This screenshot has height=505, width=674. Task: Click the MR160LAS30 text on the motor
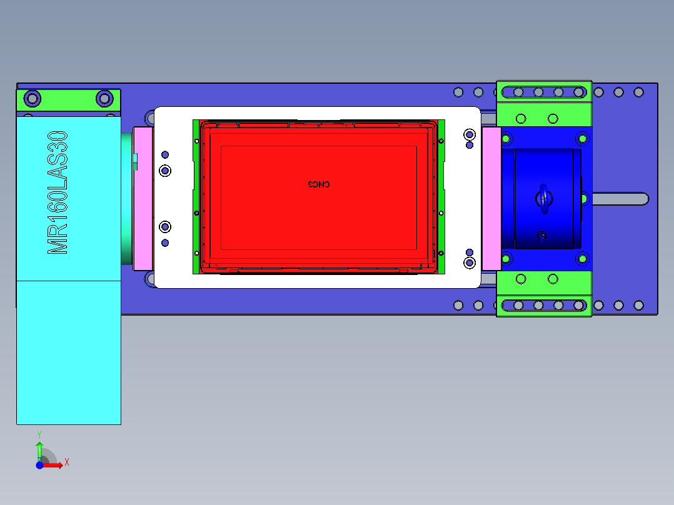(x=58, y=192)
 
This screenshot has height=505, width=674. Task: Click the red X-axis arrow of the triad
(x=54, y=464)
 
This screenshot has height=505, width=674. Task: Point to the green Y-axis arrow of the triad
(x=39, y=450)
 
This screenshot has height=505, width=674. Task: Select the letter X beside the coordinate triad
(x=66, y=462)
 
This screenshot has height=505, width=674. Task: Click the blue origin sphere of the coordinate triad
(x=39, y=465)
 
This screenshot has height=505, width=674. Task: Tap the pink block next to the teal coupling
(x=143, y=198)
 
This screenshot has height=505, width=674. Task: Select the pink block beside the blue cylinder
(x=491, y=198)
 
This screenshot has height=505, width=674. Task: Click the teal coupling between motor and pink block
(x=127, y=198)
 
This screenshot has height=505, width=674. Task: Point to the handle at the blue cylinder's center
(x=544, y=198)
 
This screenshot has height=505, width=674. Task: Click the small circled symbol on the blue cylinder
(x=541, y=235)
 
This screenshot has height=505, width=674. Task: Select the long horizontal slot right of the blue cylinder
(x=619, y=199)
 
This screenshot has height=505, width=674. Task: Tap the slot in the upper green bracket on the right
(x=544, y=92)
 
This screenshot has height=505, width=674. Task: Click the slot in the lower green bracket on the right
(x=544, y=305)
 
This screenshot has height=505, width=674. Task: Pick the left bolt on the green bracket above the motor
(x=32, y=98)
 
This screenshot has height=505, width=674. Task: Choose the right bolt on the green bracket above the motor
(x=104, y=98)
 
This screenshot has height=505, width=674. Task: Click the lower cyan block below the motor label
(x=68, y=352)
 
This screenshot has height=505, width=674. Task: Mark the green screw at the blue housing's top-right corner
(x=583, y=137)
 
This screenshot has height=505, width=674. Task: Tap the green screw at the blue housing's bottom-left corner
(x=506, y=259)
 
